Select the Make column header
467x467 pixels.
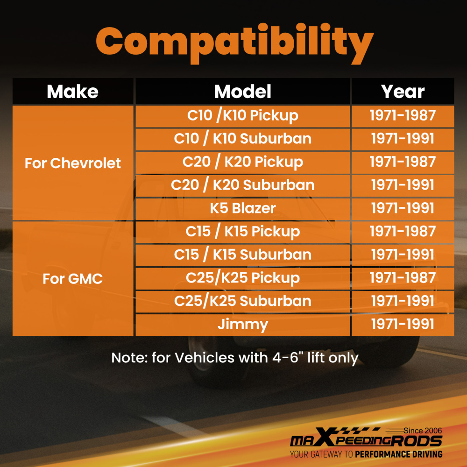pyautogui.click(x=72, y=92)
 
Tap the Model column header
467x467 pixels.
pyautogui.click(x=243, y=92)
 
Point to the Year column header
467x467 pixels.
pyautogui.click(x=403, y=92)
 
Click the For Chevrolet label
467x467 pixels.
pyautogui.click(x=73, y=163)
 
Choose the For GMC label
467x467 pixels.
pyautogui.click(x=73, y=279)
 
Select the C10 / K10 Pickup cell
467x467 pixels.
pyautogui.click(x=243, y=116)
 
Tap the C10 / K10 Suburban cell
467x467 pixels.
pyautogui.click(x=243, y=139)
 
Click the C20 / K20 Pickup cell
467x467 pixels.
pyautogui.click(x=243, y=163)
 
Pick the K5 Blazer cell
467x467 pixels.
pyautogui.click(x=243, y=208)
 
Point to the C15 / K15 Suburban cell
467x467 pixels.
pyautogui.click(x=243, y=255)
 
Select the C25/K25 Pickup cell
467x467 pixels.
pyautogui.click(x=243, y=278)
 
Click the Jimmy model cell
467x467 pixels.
pyautogui.click(x=243, y=325)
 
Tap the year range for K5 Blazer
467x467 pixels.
pyautogui.click(x=403, y=208)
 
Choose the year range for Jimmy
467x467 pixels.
pyautogui.click(x=403, y=325)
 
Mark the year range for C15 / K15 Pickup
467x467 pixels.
pyautogui.click(x=403, y=232)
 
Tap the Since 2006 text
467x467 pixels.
pyautogui.click(x=423, y=431)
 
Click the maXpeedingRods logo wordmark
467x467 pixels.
pyautogui.click(x=366, y=439)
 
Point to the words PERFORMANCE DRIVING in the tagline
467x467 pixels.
pyautogui.click(x=399, y=454)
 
